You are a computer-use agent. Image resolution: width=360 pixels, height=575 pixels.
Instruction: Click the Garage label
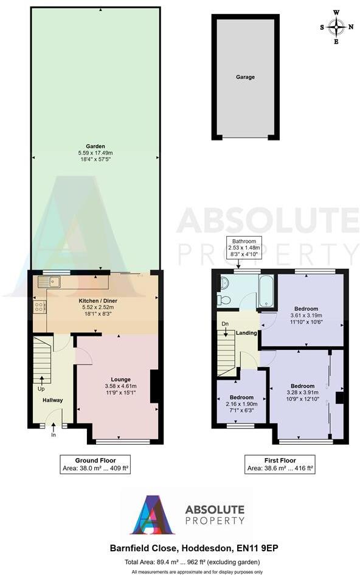coord(245,77)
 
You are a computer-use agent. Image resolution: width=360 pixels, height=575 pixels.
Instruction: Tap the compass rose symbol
coord(336,26)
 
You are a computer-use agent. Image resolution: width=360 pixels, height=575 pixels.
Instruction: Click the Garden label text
coord(95,146)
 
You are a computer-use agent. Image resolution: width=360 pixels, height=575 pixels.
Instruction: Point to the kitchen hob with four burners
coord(40,307)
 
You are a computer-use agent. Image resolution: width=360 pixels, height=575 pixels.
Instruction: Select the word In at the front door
coord(54,435)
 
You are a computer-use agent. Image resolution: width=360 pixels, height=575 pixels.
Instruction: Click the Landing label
coord(246,333)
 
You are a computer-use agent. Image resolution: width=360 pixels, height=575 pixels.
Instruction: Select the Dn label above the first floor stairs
coord(224,323)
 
